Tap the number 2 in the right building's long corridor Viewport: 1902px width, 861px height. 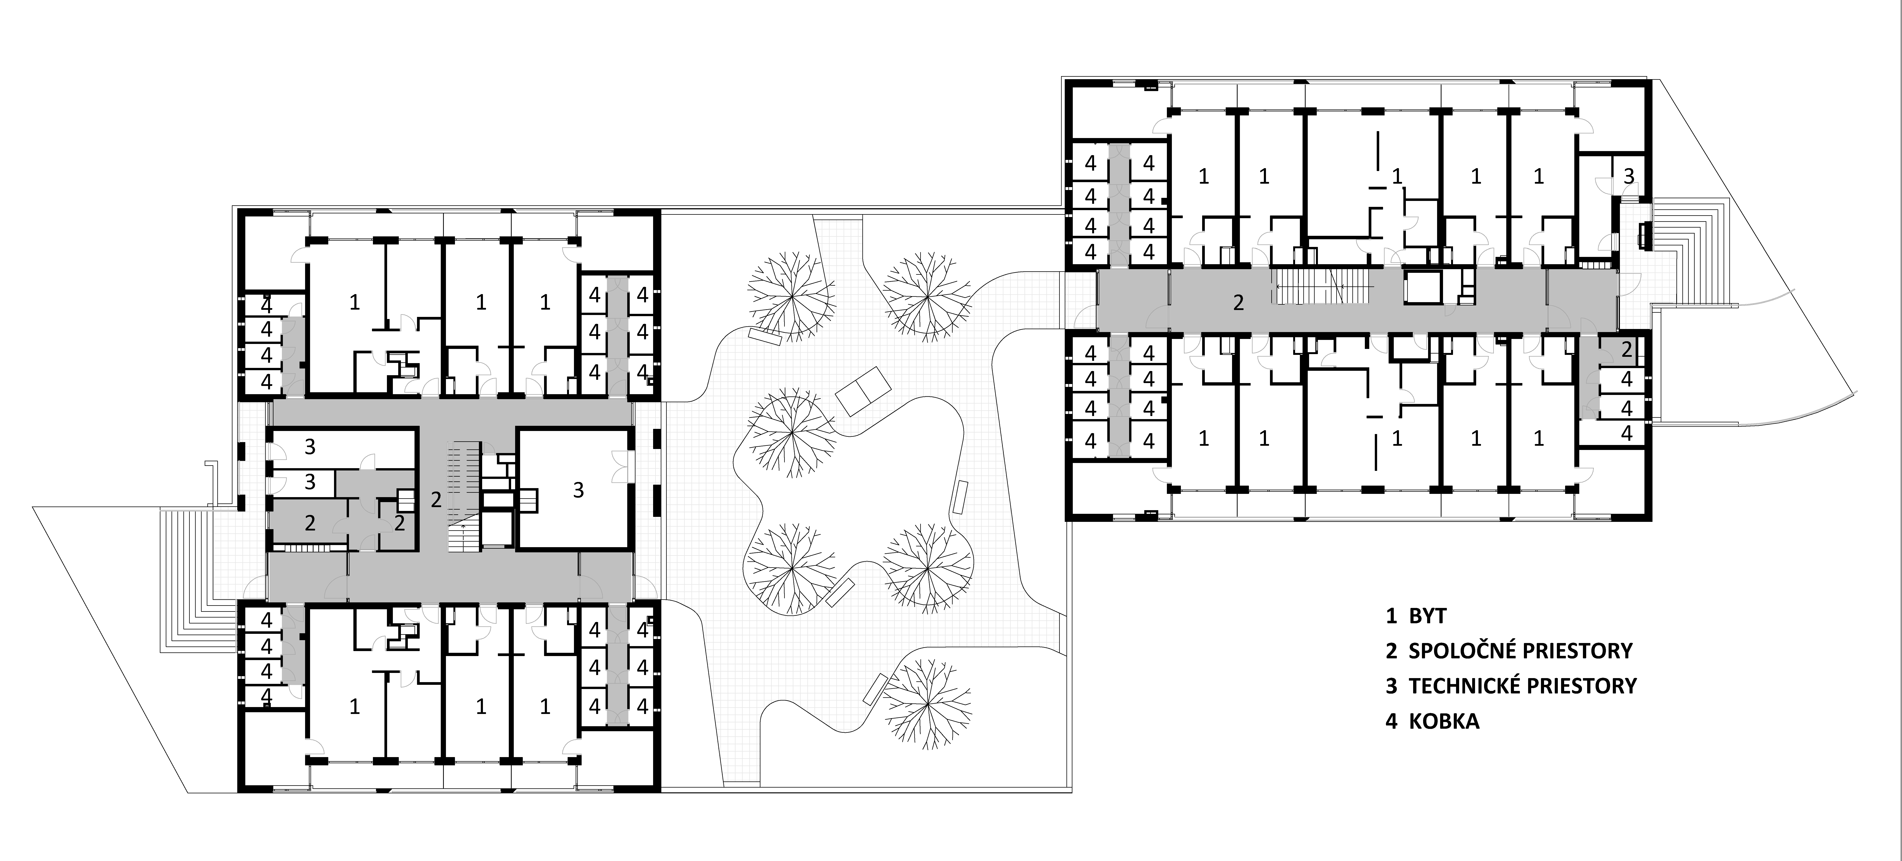click(x=1238, y=302)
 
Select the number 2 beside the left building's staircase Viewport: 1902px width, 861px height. click(x=436, y=500)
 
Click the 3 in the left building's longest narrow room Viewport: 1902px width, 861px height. click(x=310, y=446)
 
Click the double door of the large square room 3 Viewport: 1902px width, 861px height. click(x=625, y=468)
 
